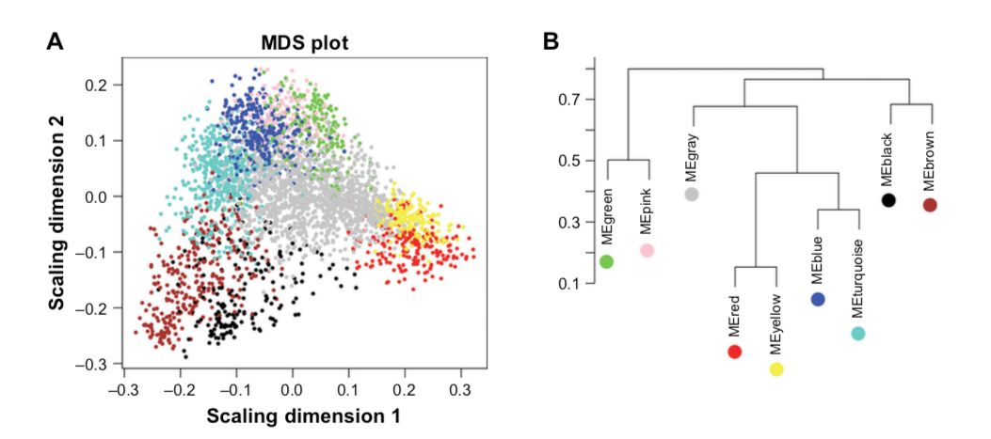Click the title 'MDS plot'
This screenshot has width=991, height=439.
coord(304,43)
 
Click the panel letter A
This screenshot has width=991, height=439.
coord(57,42)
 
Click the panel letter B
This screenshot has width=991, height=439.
coord(552,42)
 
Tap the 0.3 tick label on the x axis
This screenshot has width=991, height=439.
coord(460,387)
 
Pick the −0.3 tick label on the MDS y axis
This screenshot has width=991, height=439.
coord(98,363)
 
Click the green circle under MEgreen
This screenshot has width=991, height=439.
coord(606,261)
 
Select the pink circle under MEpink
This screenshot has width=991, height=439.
coord(647,250)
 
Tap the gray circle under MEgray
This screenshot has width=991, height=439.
coord(692,195)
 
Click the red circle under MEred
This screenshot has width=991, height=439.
coord(735,352)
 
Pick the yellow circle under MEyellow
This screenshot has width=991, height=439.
coord(776,368)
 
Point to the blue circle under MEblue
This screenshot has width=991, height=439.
coord(818,299)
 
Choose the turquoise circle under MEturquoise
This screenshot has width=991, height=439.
coord(858,333)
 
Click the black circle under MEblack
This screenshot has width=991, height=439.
coord(888,200)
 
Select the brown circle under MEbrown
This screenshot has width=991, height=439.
coord(931,205)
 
